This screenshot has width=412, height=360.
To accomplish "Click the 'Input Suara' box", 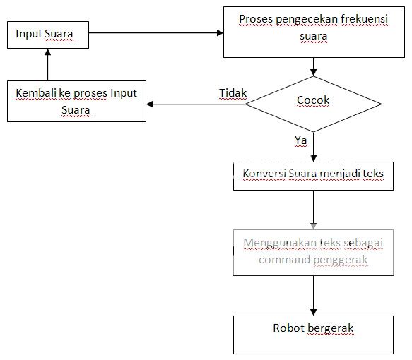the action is pyautogui.click(x=48, y=35).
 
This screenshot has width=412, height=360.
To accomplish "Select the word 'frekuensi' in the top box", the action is pyautogui.click(x=364, y=19).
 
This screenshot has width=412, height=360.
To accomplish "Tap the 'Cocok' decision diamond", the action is pyautogui.click(x=313, y=104).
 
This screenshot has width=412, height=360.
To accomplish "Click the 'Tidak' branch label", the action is pyautogui.click(x=233, y=93).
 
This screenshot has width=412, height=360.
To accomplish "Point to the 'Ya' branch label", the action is pyautogui.click(x=300, y=140).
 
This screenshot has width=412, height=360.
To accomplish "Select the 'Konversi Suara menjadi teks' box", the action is pyautogui.click(x=313, y=176).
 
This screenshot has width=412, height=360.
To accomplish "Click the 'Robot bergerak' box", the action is pyautogui.click(x=313, y=335).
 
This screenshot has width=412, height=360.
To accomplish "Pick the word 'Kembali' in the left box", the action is pyautogui.click(x=36, y=93).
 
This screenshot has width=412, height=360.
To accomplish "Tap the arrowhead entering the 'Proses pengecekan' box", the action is pyautogui.click(x=220, y=32).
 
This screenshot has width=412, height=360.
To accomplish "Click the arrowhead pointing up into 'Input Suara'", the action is pyautogui.click(x=47, y=52).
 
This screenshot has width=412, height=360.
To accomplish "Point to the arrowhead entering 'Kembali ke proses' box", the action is pyautogui.click(x=150, y=104).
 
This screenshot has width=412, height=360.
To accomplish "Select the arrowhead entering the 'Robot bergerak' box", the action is pyautogui.click(x=313, y=312).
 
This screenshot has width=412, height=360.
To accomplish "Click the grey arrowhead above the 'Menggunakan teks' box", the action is pyautogui.click(x=313, y=226).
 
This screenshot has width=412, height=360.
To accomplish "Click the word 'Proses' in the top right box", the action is pyautogui.click(x=256, y=19).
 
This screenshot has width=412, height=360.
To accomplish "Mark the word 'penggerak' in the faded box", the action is pyautogui.click(x=341, y=260).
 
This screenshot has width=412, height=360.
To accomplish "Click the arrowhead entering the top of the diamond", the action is pyautogui.click(x=313, y=73).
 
